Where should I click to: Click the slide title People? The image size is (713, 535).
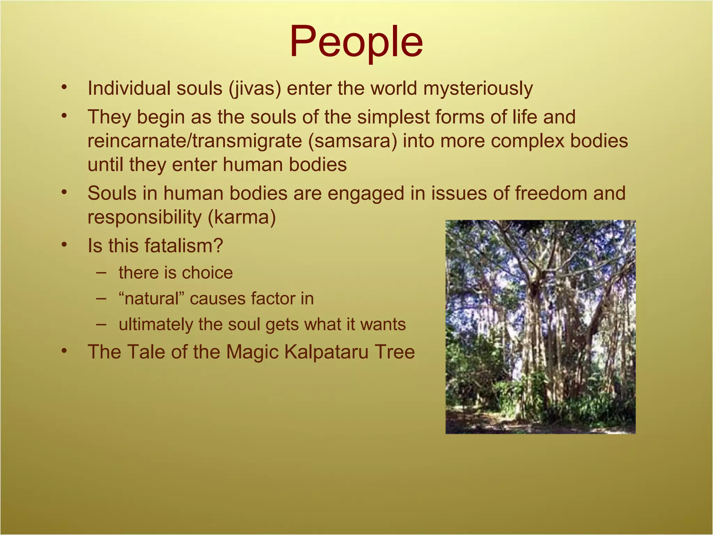point(356,42)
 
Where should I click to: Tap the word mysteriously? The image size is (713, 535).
point(478,88)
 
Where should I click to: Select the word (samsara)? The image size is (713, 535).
point(352,141)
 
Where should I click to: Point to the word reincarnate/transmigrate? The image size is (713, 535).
point(195,141)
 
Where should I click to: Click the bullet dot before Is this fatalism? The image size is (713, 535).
point(63,245)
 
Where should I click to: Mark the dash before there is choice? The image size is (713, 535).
point(101,272)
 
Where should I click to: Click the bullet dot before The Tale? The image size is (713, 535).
point(63,351)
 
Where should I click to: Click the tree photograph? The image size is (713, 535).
point(540,327)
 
